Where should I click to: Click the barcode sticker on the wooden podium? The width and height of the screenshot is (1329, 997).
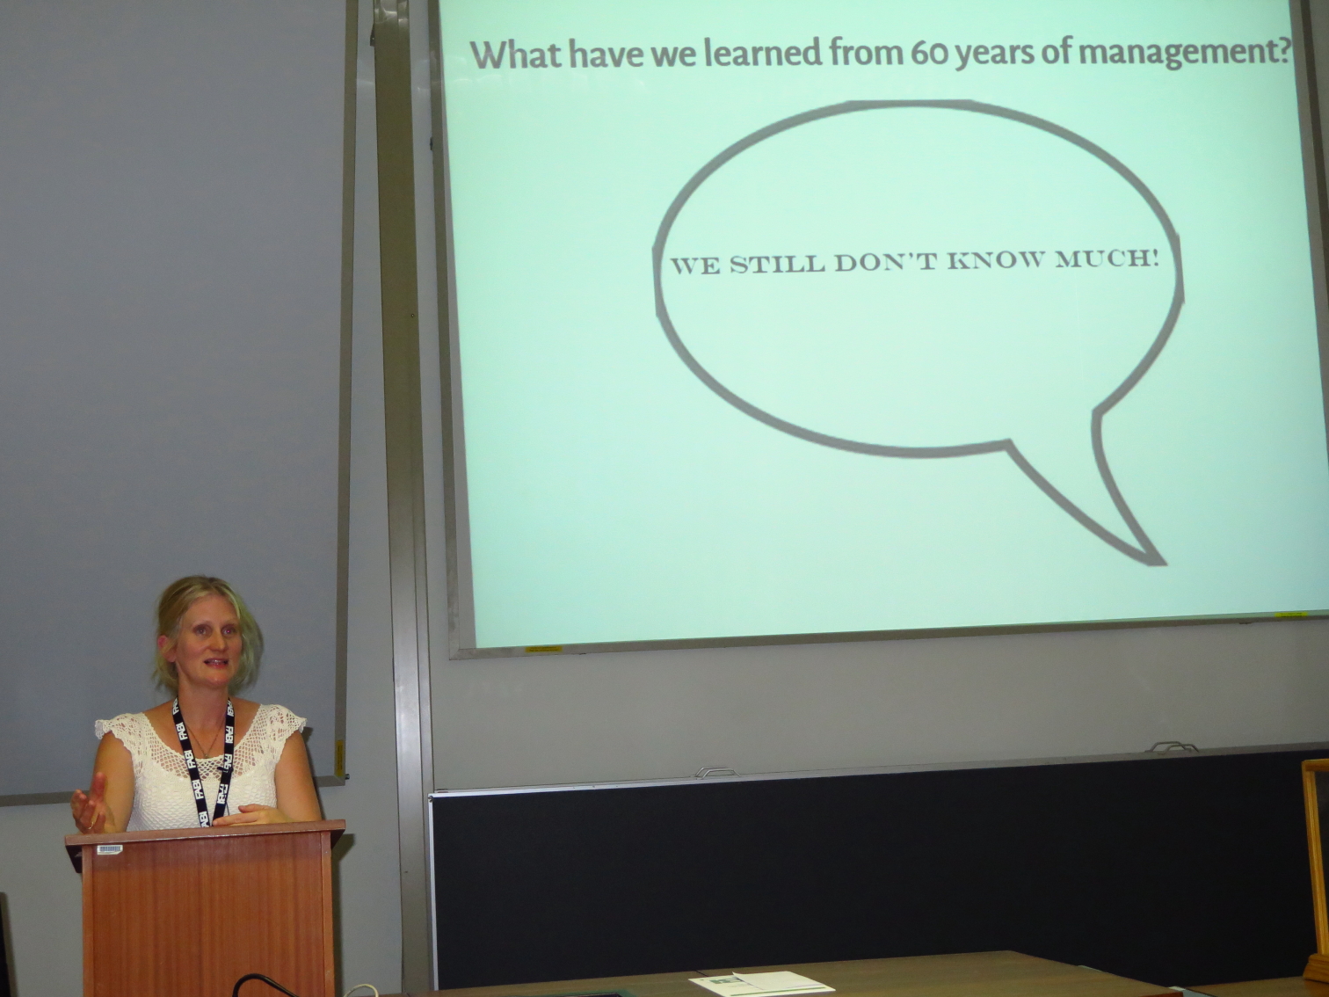[x=110, y=850]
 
